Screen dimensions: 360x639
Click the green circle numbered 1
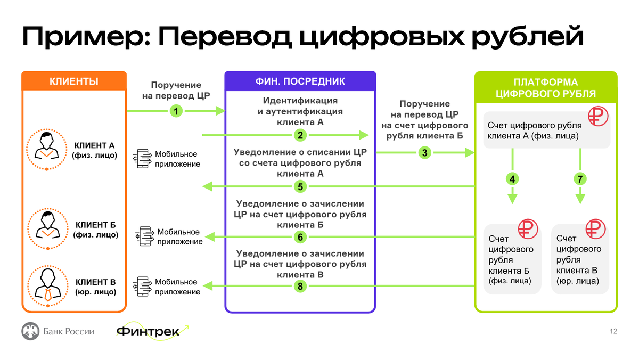pos(176,111)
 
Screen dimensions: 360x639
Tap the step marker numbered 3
pos(424,153)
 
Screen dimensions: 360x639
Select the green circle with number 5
pos(300,186)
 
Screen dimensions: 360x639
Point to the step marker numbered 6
pos(300,237)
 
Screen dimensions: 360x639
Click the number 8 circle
pos(300,287)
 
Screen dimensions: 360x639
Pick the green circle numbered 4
pos(512,179)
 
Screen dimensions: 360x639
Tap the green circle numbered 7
pos(579,179)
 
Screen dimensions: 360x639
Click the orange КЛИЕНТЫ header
pos(74,81)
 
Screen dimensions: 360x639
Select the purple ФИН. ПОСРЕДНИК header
pos(300,81)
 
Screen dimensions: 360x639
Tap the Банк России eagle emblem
pos(30,331)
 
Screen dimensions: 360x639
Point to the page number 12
pos(613,332)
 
